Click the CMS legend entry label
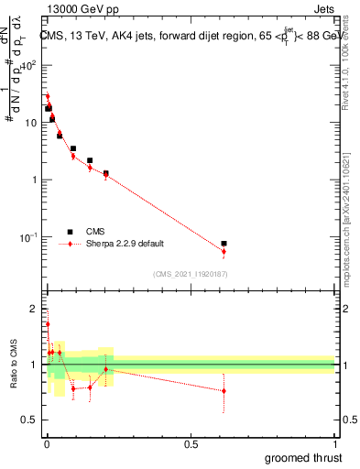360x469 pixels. (94, 232)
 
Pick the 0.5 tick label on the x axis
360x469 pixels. (191, 444)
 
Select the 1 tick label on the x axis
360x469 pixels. (334, 444)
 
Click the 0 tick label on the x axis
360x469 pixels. (47, 444)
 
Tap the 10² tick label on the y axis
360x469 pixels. (29, 65)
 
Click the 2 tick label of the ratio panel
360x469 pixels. (34, 308)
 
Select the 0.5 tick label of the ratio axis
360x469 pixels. (30, 421)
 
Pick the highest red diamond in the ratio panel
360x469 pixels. (48, 324)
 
